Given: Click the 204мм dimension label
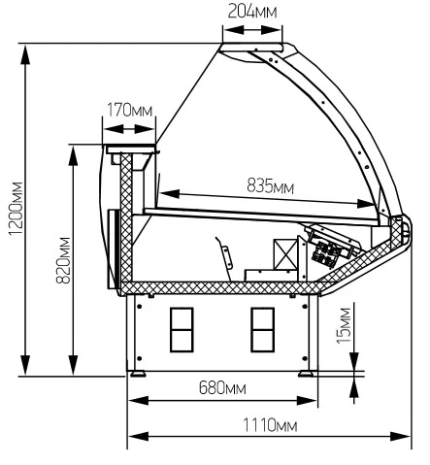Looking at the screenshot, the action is tap(252, 12).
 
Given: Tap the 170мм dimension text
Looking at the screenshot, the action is tap(129, 110).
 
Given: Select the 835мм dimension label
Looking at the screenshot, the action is tap(270, 186).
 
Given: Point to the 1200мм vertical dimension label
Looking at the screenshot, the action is tap(16, 209).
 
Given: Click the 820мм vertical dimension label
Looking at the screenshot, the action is tap(63, 260).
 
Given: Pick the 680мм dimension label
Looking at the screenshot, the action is tap(222, 387).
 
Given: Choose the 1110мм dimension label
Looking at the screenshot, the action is tap(270, 425).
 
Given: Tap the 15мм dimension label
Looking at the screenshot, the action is tap(344, 325).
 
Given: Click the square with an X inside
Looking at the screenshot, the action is tap(285, 254).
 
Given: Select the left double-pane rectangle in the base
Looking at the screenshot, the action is tap(182, 330).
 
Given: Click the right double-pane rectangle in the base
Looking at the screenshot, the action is tap(262, 330).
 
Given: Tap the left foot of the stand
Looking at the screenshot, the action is tap(138, 374).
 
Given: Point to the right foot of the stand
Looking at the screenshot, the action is tap(306, 374).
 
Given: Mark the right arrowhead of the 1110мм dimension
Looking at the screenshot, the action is tap(401, 436).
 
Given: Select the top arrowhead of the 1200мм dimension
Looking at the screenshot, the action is tap(25, 55).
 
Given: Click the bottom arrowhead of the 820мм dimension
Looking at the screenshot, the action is tap(74, 365).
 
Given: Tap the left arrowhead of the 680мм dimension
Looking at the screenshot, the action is tap(139, 401).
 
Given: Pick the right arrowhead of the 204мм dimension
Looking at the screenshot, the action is tap(271, 30).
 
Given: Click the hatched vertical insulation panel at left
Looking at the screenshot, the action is tap(126, 217).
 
